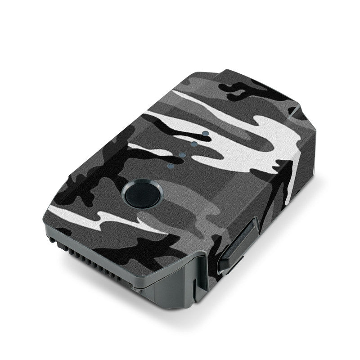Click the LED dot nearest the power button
point(170,166)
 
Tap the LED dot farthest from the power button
point(205,134)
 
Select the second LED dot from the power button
point(182,155)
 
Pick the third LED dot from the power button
point(194,144)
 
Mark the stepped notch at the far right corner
point(299,112)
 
